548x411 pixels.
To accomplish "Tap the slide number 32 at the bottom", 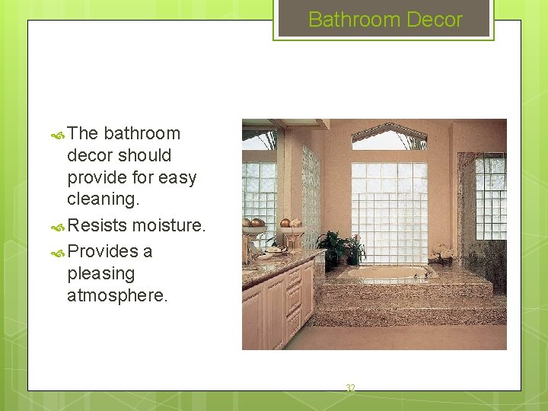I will pos(350,389).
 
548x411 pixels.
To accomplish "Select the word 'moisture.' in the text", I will pos(168,225).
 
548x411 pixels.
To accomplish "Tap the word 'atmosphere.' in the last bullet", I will pos(116,295).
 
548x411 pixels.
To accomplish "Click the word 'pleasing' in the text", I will pos(100,273).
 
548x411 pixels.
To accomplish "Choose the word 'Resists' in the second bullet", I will pos(97,225).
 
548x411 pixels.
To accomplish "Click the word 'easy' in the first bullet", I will pos(178,177).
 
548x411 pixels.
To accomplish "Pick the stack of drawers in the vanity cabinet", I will pos(295,298).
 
